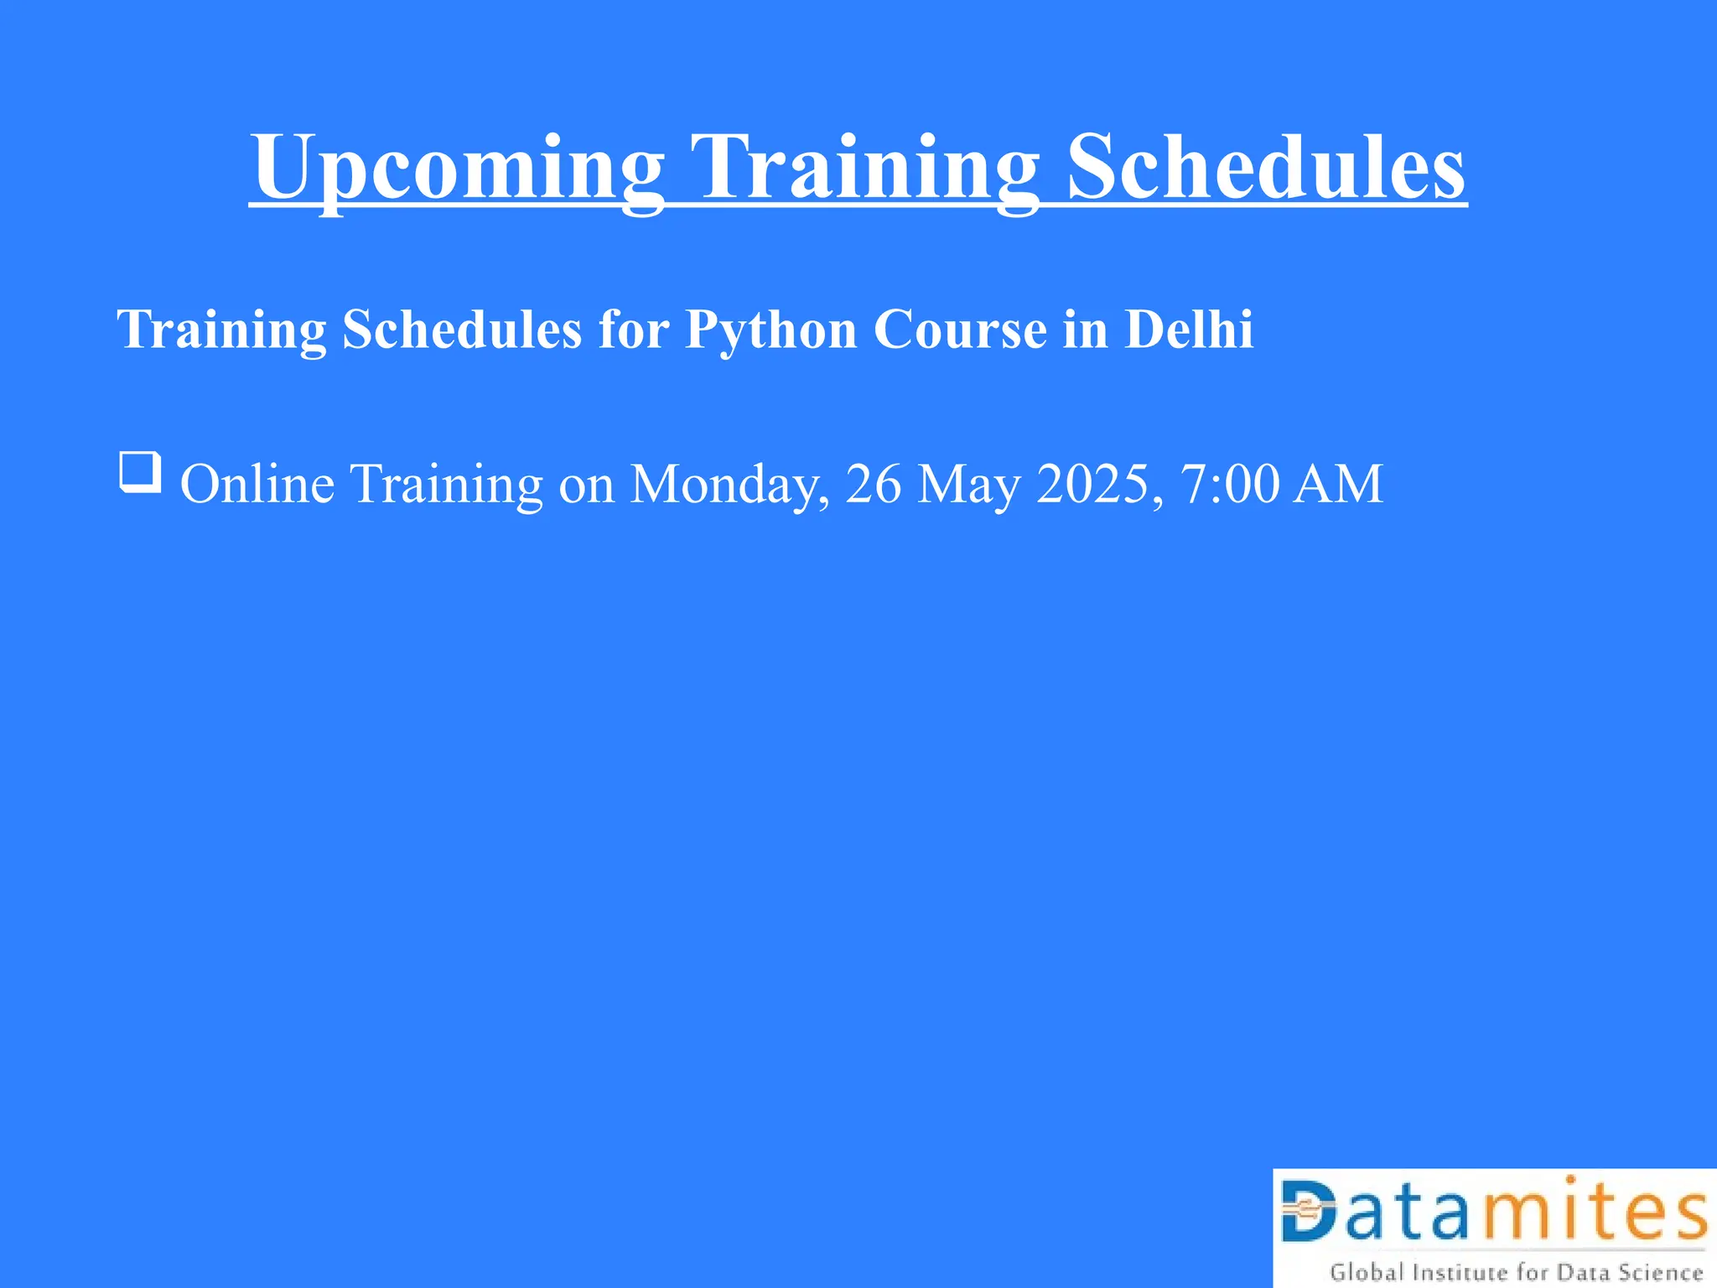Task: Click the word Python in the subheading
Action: click(x=770, y=330)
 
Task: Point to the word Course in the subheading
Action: click(x=960, y=329)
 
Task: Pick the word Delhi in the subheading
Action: click(x=1189, y=329)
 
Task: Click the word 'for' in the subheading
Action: click(x=634, y=329)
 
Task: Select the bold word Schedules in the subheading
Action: click(x=462, y=329)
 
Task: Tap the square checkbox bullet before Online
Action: click(x=140, y=472)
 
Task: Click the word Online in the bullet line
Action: click(x=257, y=484)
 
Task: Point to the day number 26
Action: click(x=874, y=484)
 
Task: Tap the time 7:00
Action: click(x=1230, y=484)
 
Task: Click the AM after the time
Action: click(x=1338, y=484)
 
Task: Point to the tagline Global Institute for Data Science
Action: click(x=1516, y=1272)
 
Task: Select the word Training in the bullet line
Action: click(x=447, y=486)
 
